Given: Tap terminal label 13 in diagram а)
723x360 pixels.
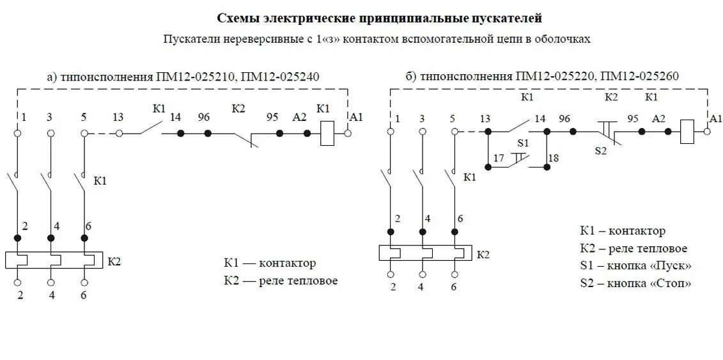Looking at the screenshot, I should click(118, 117).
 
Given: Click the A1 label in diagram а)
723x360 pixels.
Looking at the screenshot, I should click(357, 117).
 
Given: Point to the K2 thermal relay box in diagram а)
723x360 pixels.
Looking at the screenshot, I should click(54, 260).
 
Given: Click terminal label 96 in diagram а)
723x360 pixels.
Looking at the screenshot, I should click(204, 117).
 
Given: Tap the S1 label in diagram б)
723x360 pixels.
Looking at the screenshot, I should click(524, 142).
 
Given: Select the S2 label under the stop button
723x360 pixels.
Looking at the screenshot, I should click(601, 151).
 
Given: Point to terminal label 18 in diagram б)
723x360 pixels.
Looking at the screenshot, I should click(554, 157).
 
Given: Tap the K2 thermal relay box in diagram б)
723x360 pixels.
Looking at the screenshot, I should click(424, 253).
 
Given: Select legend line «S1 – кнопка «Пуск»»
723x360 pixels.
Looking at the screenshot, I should click(635, 265).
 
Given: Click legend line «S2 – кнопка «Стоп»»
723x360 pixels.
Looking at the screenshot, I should click(635, 283).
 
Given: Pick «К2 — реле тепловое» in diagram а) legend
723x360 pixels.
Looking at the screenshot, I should click(281, 280).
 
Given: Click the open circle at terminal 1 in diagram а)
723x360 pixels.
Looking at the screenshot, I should click(18, 133).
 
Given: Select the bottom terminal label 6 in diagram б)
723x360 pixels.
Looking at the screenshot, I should click(454, 287).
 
